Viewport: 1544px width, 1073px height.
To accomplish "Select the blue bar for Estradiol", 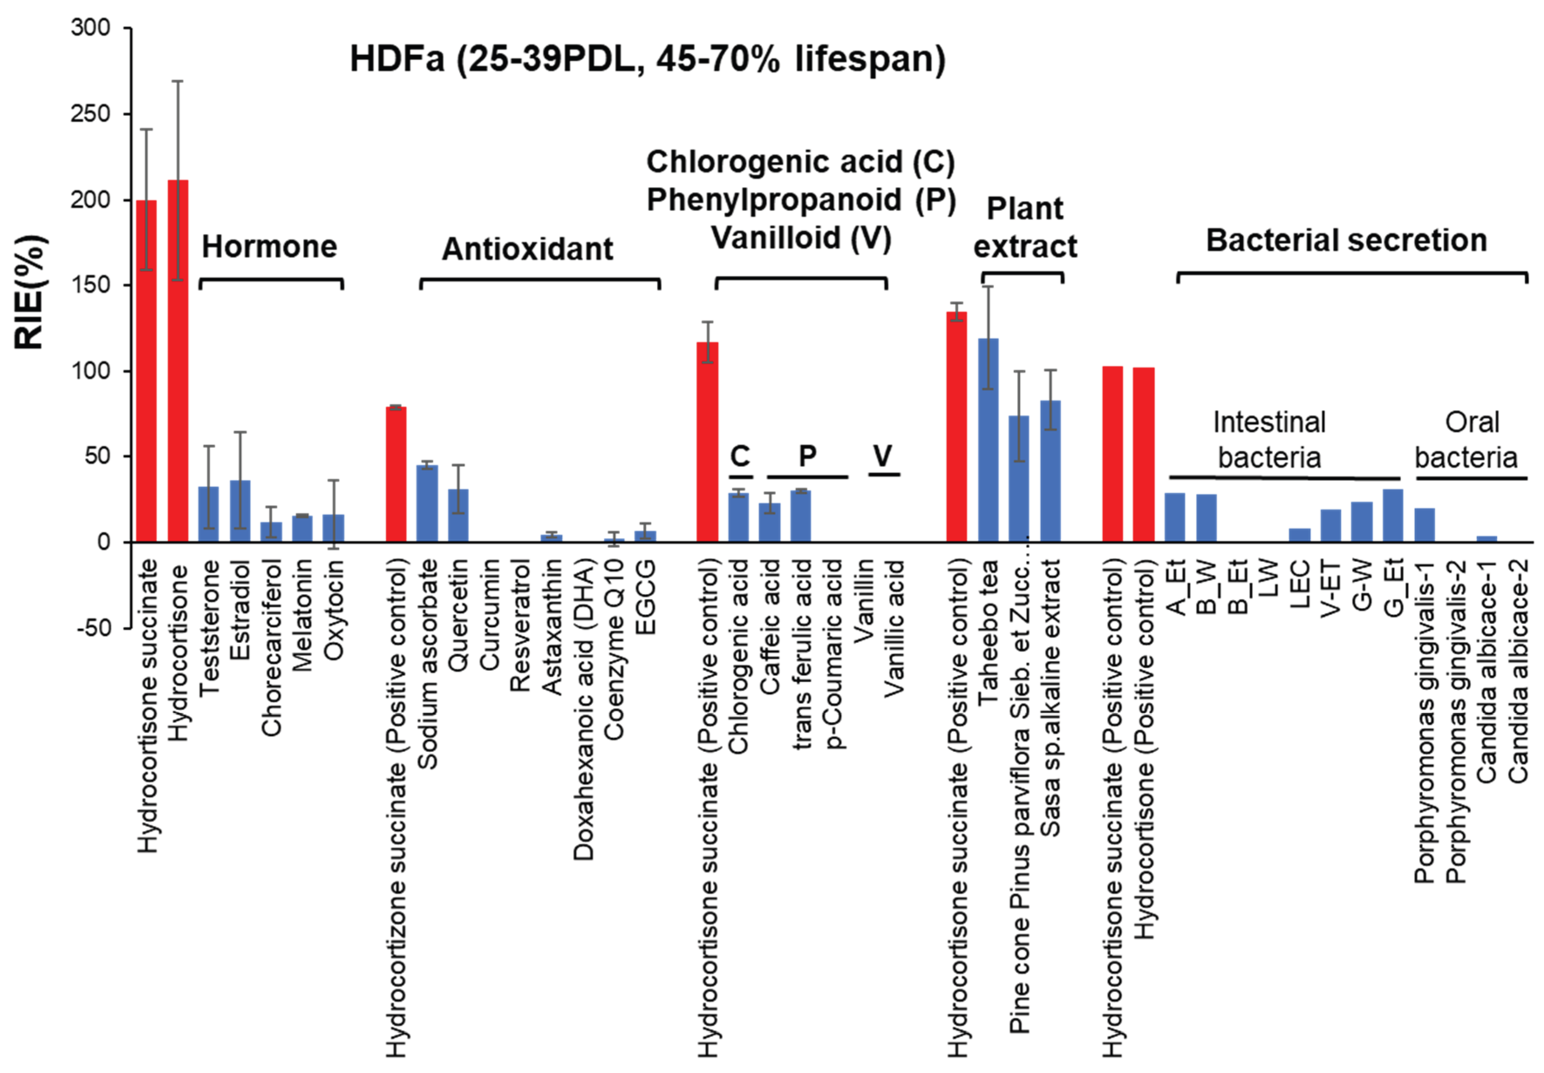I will pos(240,511).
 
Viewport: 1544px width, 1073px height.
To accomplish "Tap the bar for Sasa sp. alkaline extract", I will pos(1051,471).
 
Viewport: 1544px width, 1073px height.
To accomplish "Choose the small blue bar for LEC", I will pos(1299,535).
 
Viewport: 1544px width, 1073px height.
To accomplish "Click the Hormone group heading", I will pos(269,247).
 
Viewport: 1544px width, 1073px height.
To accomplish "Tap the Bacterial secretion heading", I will pos(1346,241).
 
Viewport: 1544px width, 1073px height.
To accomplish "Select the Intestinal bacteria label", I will pos(1269,440).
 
